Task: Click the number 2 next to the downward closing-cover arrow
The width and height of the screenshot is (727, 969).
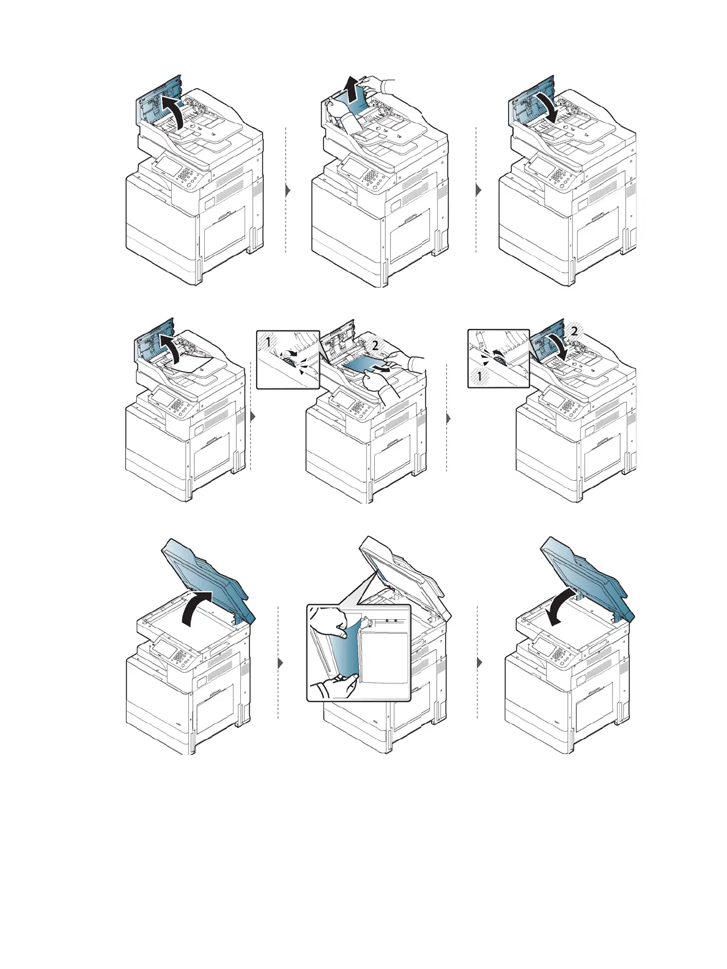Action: point(573,330)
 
